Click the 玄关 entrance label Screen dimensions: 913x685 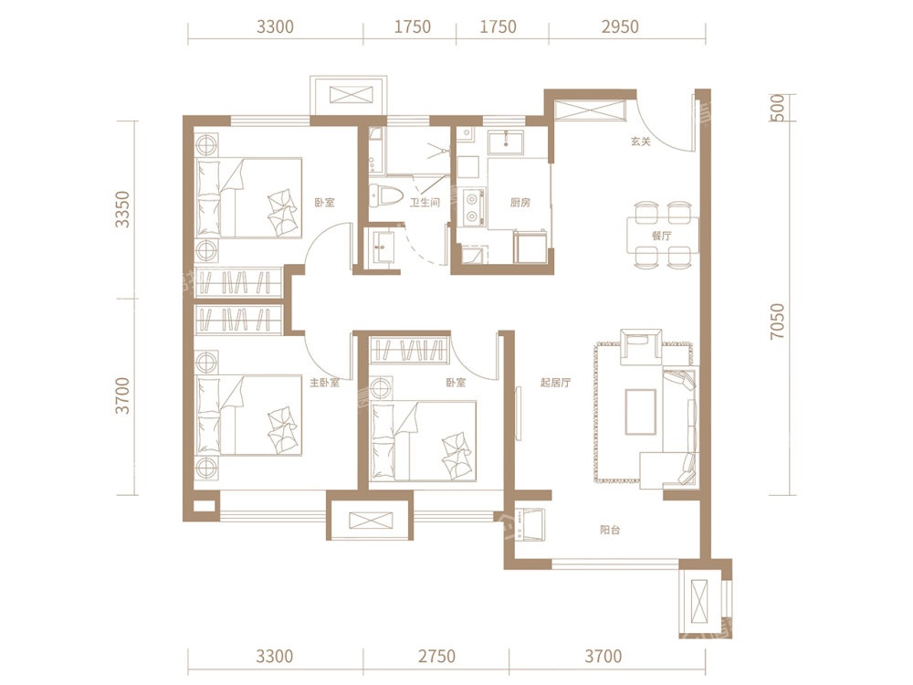[x=640, y=142]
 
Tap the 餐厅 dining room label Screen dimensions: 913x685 [x=661, y=236]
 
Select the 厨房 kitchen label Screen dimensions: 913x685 [x=520, y=203]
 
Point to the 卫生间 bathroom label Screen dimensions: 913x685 [x=425, y=203]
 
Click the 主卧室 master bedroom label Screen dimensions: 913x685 [x=324, y=383]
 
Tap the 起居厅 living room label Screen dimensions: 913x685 [x=555, y=383]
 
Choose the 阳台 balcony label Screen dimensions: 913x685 [x=610, y=530]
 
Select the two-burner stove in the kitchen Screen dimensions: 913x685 [x=473, y=207]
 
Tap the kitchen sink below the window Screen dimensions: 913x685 [x=506, y=142]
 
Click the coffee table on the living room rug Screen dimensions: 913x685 [x=641, y=412]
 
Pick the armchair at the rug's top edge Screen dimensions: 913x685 [x=641, y=346]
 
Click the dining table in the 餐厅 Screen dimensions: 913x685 [x=663, y=235]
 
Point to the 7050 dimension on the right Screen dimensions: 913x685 [x=777, y=321]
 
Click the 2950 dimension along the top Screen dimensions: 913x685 [x=620, y=26]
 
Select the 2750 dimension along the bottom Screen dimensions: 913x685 [x=436, y=657]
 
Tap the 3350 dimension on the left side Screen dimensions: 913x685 [x=122, y=209]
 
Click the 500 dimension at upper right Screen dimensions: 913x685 [x=777, y=108]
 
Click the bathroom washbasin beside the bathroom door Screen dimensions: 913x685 [x=383, y=247]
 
